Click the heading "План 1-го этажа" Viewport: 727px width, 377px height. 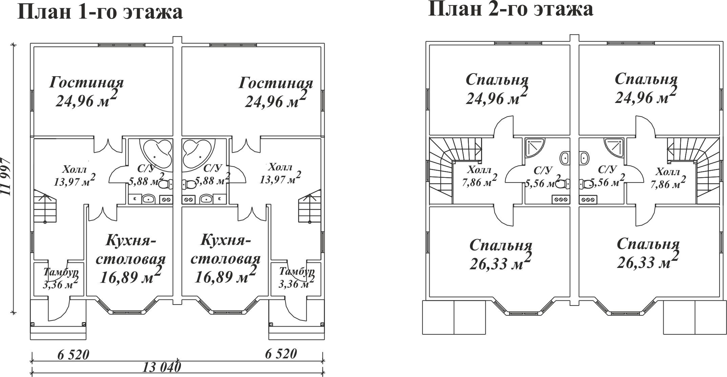[x=100, y=13]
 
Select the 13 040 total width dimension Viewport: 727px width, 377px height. [x=162, y=367]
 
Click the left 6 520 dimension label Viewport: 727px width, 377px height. [x=73, y=355]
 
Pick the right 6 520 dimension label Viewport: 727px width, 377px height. [x=281, y=354]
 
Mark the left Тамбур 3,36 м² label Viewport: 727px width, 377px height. [x=61, y=278]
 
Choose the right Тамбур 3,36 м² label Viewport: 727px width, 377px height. [x=297, y=277]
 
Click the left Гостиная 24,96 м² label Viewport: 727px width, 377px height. [x=87, y=92]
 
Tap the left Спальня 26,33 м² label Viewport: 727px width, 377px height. [x=501, y=255]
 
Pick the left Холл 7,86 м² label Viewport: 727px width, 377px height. [x=480, y=176]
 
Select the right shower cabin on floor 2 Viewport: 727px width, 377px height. [x=614, y=148]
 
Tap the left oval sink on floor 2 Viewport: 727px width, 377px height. [x=565, y=159]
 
